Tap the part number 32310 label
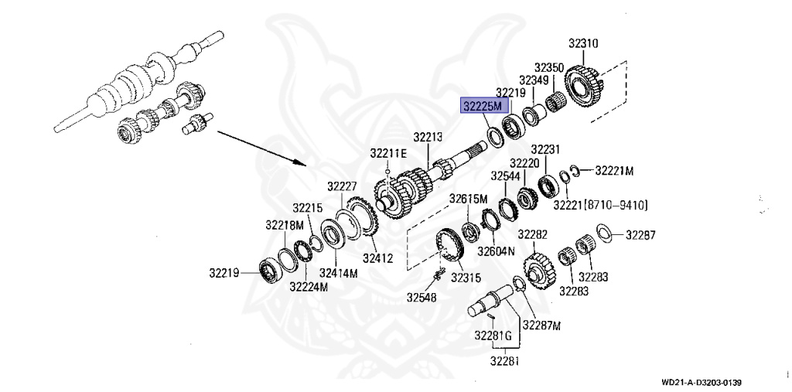583,43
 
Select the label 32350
549,67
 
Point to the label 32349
534,80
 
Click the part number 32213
428,137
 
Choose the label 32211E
388,153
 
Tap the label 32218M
285,225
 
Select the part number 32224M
309,286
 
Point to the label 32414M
339,273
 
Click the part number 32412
377,258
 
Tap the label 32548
422,297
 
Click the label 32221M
613,171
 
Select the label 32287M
541,325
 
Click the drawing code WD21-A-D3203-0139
702,383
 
